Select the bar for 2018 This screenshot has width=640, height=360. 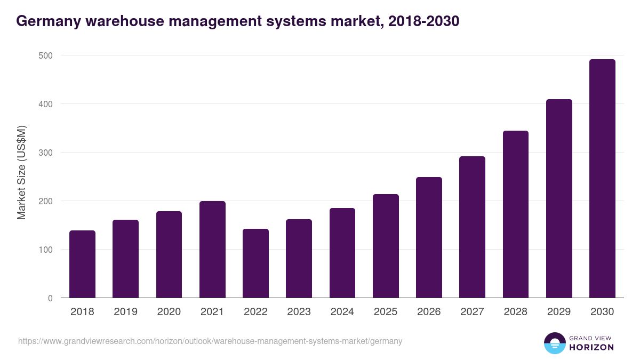[x=82, y=264]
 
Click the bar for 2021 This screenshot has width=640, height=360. [x=212, y=250]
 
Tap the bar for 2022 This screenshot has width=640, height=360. [x=255, y=263]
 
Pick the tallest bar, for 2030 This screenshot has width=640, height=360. [x=602, y=179]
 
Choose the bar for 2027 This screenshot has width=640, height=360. [x=472, y=227]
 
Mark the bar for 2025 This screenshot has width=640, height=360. [x=386, y=246]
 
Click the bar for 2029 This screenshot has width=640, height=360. [x=559, y=198]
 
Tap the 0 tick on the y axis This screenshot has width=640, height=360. [x=50, y=298]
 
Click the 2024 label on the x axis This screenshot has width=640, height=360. [x=342, y=312]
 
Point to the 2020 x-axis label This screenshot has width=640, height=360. [x=169, y=312]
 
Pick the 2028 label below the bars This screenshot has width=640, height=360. [x=515, y=312]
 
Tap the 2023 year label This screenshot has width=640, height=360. [x=299, y=312]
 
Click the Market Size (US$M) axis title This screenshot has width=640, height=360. [x=21, y=172]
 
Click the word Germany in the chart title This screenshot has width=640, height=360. [x=46, y=21]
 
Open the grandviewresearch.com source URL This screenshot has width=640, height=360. [x=210, y=341]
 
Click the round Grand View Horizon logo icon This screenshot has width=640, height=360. [x=554, y=343]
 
